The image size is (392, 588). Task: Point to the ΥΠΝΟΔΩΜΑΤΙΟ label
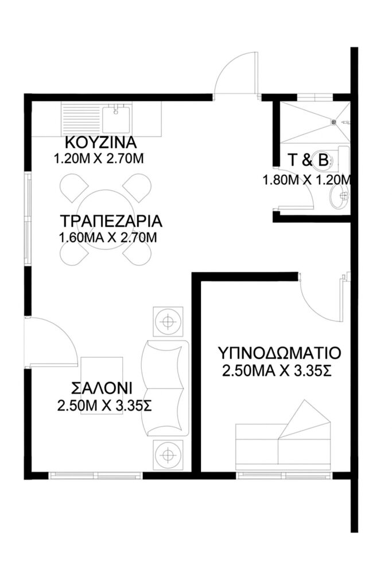(x=280, y=352)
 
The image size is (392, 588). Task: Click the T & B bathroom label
(x=308, y=161)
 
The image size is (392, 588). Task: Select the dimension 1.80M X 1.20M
(x=306, y=180)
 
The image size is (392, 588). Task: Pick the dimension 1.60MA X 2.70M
(x=108, y=237)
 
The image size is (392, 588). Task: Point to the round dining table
(x=107, y=218)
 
